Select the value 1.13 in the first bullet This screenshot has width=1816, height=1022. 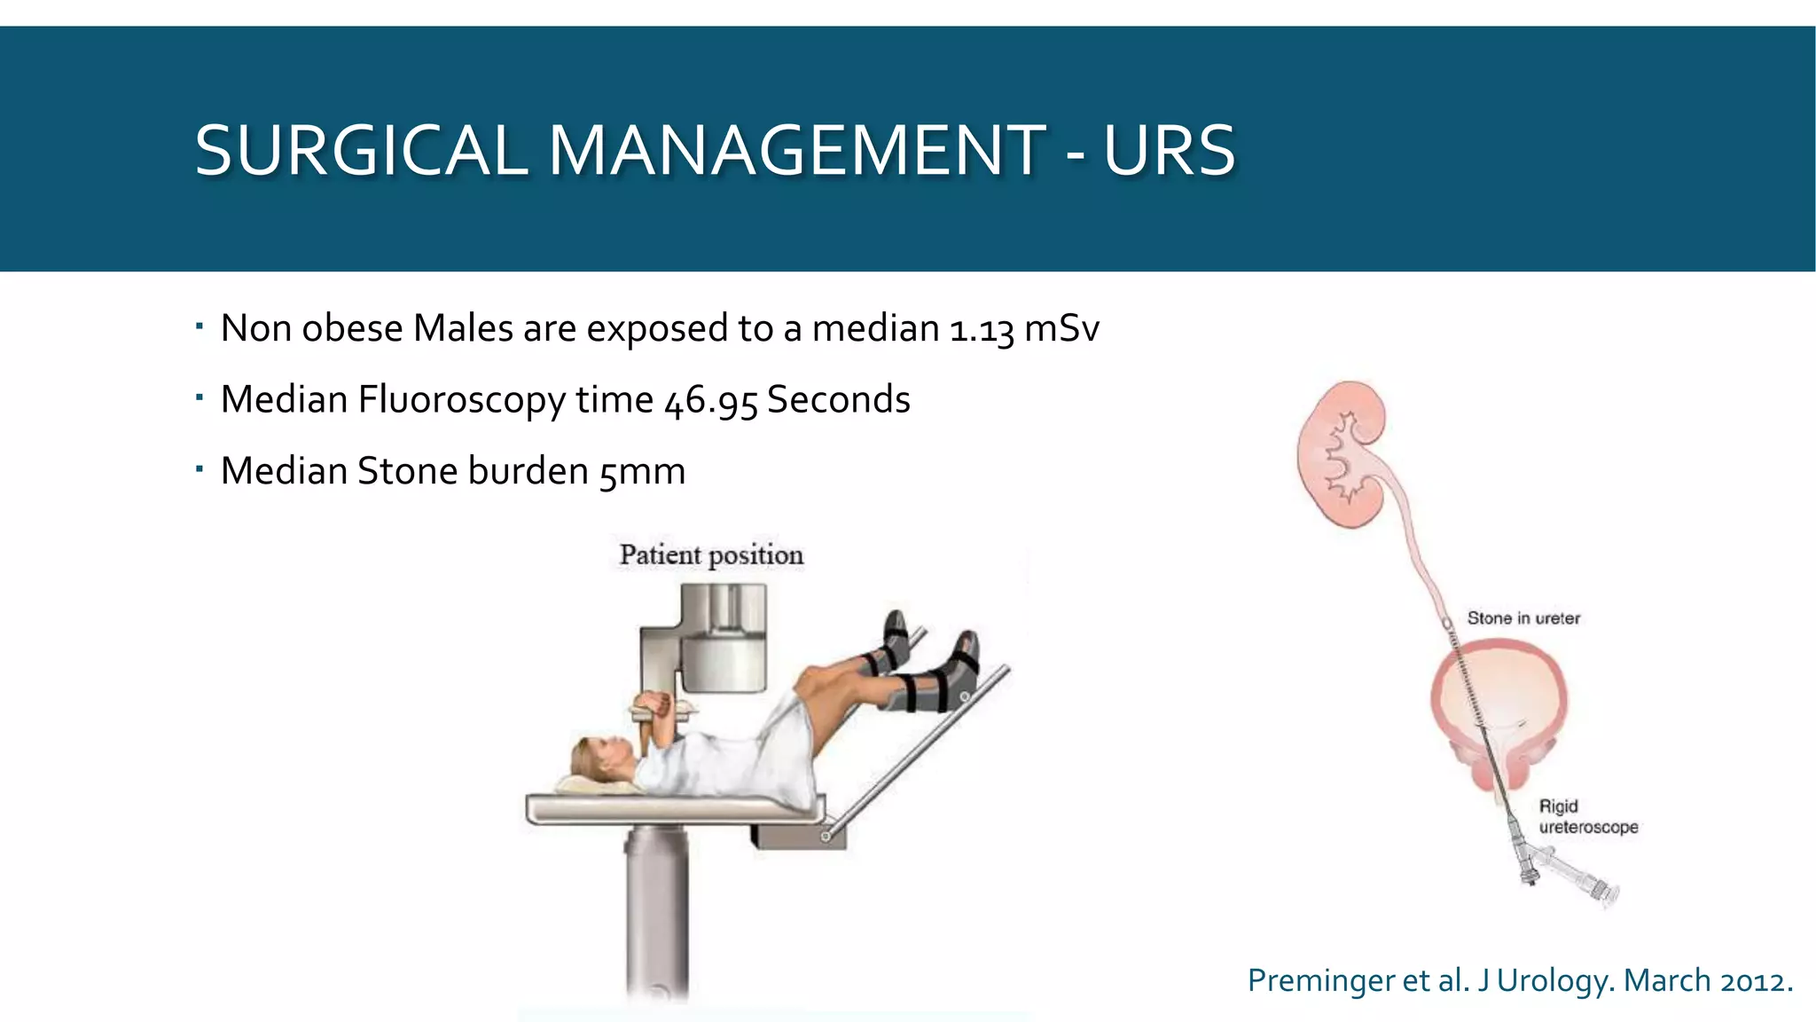[981, 329]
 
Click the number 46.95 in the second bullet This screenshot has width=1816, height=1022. [710, 401]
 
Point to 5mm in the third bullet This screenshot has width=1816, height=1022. [642, 472]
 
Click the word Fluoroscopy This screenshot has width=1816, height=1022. [461, 401]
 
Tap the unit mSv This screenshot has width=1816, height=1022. [1061, 329]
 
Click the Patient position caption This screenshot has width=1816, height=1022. [711, 555]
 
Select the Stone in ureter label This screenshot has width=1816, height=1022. [1522, 618]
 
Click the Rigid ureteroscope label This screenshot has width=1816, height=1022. [1587, 816]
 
